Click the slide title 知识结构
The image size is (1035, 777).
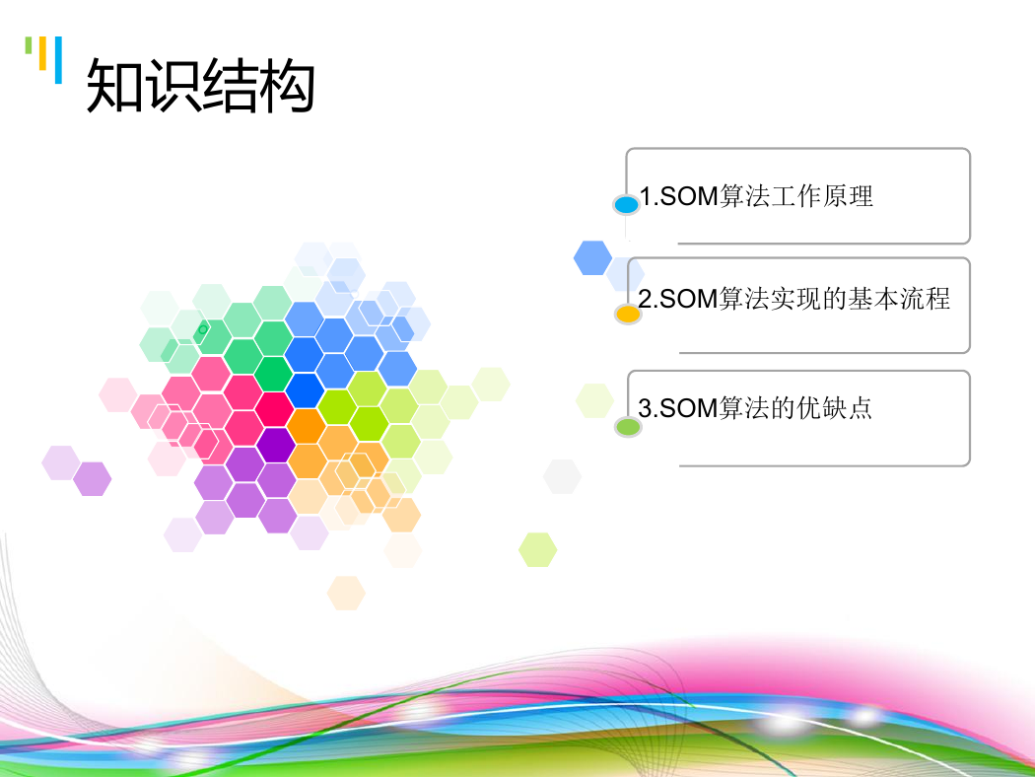point(201,85)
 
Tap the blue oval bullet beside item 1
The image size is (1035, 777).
point(626,205)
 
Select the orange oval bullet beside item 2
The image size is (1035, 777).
point(628,314)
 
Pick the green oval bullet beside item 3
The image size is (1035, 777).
point(628,426)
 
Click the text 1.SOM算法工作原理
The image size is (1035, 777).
point(756,196)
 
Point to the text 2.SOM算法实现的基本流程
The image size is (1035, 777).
point(794,299)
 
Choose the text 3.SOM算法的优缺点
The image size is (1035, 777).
point(755,408)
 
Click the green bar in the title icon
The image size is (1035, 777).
point(29,45)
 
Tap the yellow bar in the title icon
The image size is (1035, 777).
point(43,53)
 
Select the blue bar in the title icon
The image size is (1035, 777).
point(59,60)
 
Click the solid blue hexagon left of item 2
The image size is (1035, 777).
point(592,257)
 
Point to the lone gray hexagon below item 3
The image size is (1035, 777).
point(563,476)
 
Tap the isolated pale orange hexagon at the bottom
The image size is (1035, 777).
point(347,593)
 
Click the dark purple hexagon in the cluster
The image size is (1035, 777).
point(276,445)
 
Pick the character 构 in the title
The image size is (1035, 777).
point(287,85)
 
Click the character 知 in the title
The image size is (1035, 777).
point(114,85)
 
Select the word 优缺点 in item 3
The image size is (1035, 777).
point(834,408)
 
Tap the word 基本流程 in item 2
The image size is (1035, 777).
point(899,299)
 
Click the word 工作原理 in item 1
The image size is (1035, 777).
point(822,196)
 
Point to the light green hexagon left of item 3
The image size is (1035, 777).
point(594,400)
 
